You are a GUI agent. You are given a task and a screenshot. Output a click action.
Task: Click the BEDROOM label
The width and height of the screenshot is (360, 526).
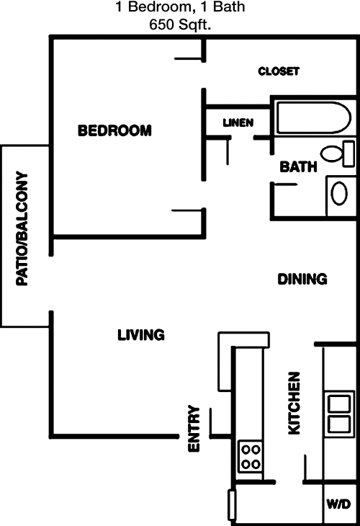pyautogui.click(x=114, y=130)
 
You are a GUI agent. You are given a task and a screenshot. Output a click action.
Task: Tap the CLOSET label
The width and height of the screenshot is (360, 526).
pyautogui.click(x=279, y=71)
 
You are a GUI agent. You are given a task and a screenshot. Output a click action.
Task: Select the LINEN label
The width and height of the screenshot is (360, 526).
pyautogui.click(x=238, y=122)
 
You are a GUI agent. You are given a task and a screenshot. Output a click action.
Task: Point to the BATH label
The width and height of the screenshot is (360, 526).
pyautogui.click(x=298, y=166)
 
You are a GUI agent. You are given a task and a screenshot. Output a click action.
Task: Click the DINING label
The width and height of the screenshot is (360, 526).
pyautogui.click(x=302, y=279)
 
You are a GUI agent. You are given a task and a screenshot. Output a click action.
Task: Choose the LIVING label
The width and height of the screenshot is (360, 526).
pyautogui.click(x=141, y=335)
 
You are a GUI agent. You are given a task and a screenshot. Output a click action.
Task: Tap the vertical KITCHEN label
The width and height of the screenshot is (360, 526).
pyautogui.click(x=294, y=404)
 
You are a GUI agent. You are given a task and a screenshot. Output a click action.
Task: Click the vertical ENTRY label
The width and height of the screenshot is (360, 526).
pyautogui.click(x=194, y=429)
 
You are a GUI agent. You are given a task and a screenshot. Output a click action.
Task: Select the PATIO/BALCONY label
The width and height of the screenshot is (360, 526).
pyautogui.click(x=22, y=229)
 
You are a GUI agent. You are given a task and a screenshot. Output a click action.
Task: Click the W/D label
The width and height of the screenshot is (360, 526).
pyautogui.click(x=338, y=504)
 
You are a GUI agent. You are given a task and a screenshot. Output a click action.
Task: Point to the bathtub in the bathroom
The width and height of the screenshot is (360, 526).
pyautogui.click(x=314, y=117)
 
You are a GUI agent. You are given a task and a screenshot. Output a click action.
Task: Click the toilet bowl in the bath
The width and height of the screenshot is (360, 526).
pyautogui.click(x=332, y=153)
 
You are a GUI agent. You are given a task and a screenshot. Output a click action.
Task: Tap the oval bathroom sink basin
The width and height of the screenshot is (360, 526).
pyautogui.click(x=339, y=193)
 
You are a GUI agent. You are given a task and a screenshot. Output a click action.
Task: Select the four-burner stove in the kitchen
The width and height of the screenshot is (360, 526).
pyautogui.click(x=251, y=457)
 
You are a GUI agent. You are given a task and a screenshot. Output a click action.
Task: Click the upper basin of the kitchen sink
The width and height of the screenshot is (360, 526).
pyautogui.click(x=339, y=404)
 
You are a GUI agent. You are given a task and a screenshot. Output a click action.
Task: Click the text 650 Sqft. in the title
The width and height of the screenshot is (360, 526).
pyautogui.click(x=180, y=24)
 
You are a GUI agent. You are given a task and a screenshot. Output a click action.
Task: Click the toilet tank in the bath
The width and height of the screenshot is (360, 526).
pyautogui.click(x=348, y=153)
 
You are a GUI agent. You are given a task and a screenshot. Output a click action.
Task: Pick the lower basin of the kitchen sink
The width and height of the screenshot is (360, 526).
pyautogui.click(x=339, y=424)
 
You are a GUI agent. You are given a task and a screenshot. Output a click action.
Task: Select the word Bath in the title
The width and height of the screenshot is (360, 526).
pyautogui.click(x=229, y=7)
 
